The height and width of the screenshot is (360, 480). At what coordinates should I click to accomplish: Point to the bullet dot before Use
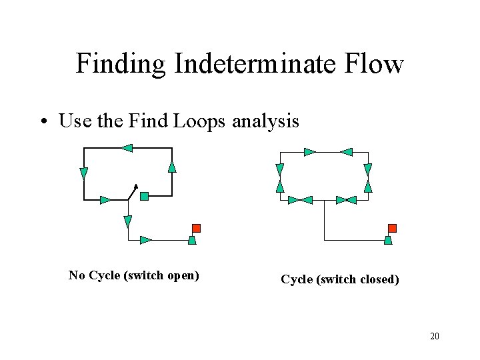(x=43, y=122)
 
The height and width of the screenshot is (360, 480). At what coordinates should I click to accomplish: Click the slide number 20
(x=434, y=336)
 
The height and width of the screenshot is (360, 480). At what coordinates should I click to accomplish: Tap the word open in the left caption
(x=184, y=275)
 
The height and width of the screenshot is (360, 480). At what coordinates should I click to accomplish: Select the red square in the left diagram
(x=196, y=228)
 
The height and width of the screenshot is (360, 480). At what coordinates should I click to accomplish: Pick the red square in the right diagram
(x=392, y=228)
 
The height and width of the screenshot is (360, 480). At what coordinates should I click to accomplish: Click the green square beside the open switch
(x=144, y=196)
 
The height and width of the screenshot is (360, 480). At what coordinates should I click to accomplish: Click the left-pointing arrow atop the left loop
(x=127, y=148)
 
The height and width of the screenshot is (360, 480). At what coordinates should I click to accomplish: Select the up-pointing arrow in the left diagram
(x=172, y=166)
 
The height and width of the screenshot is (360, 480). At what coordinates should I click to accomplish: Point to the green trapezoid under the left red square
(x=192, y=240)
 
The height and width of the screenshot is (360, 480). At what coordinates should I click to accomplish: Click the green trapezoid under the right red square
(x=389, y=240)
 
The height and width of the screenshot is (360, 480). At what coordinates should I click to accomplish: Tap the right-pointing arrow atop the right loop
(x=309, y=152)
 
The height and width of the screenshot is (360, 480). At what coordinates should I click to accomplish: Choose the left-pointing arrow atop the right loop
(x=345, y=152)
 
